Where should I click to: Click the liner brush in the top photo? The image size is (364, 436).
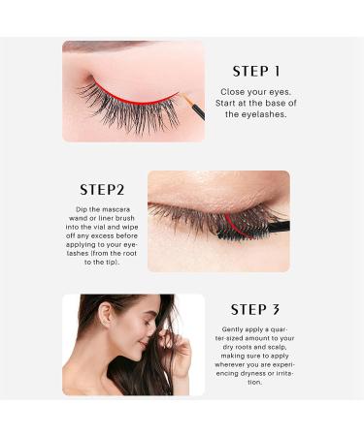[x=192, y=106]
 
